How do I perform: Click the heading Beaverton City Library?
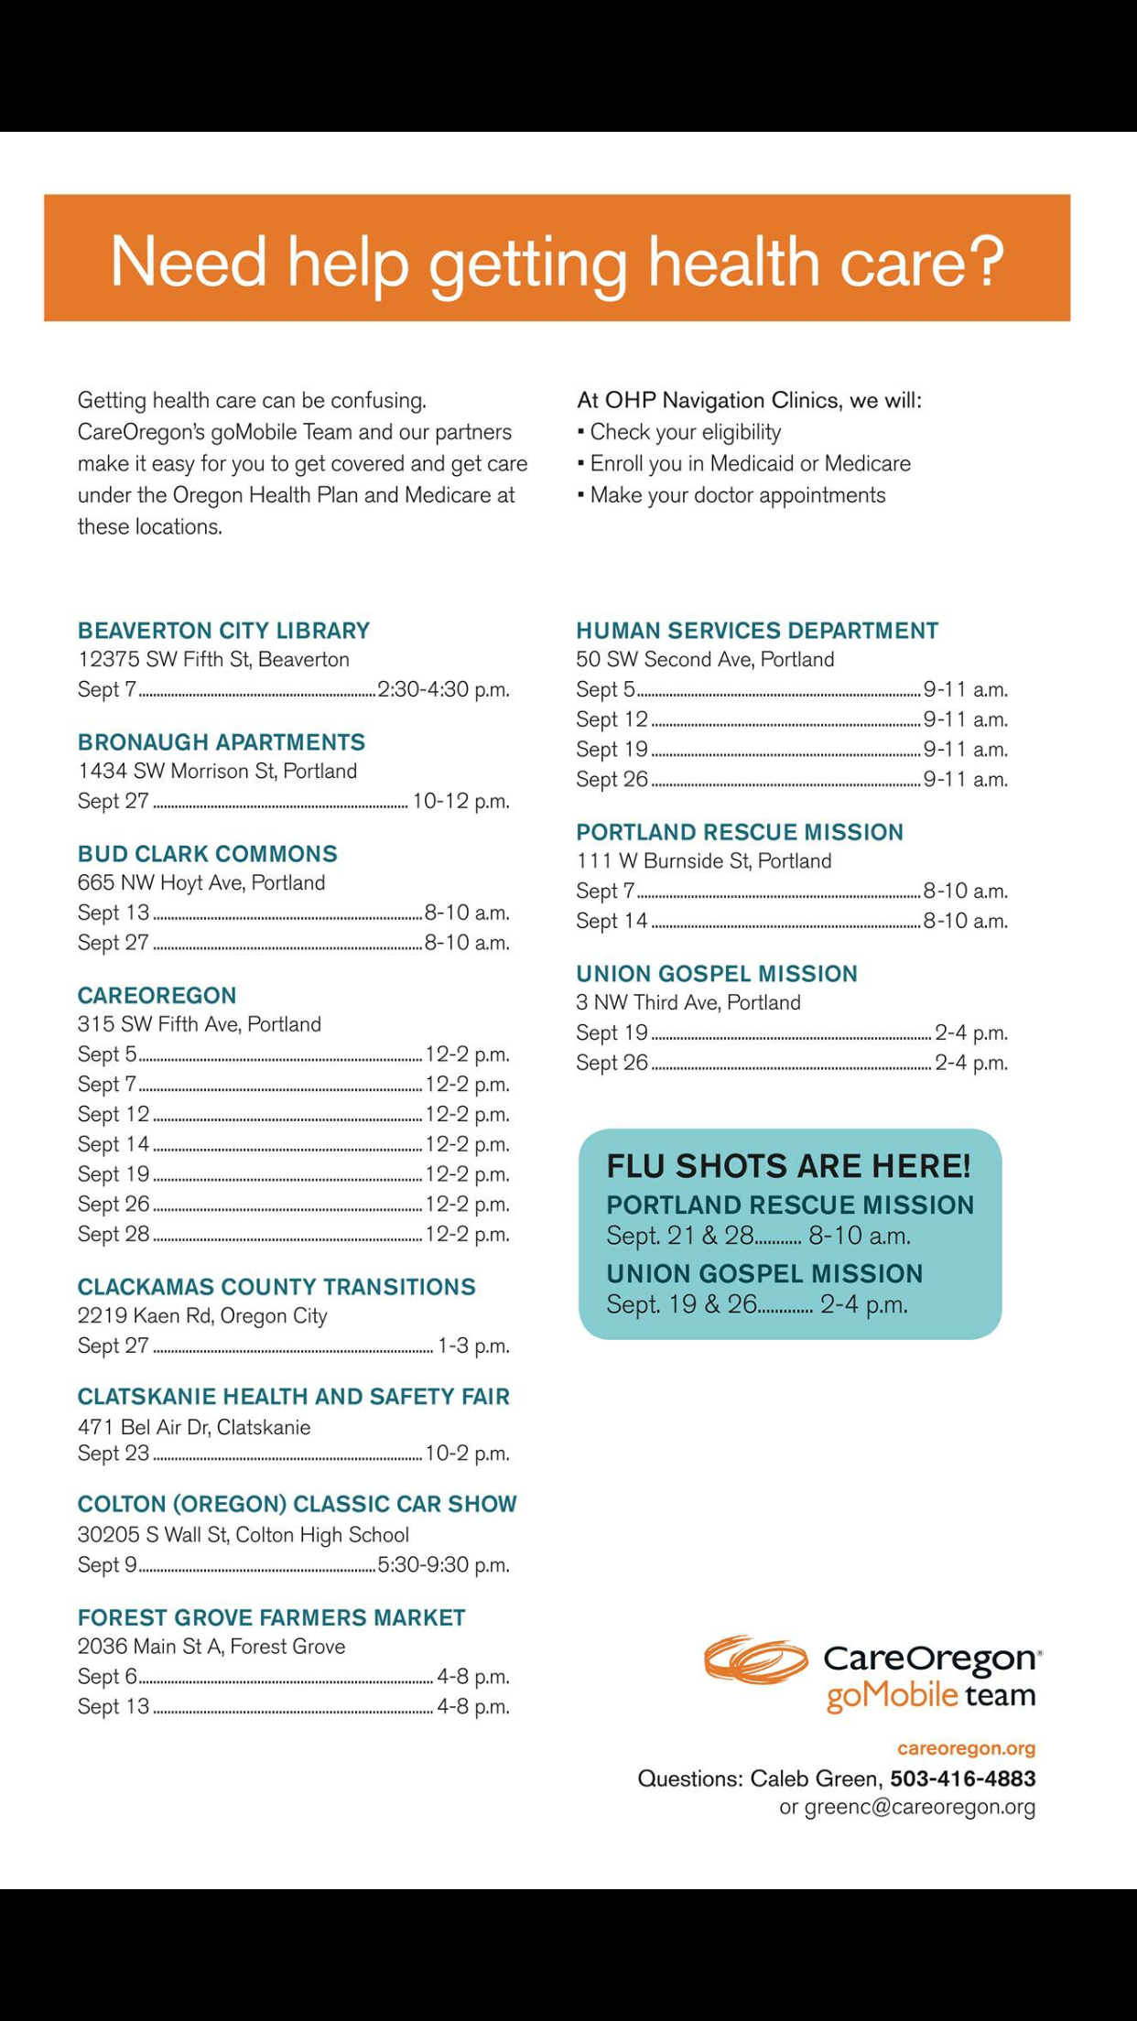pyautogui.click(x=223, y=631)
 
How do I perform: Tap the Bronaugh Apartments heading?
pyautogui.click(x=221, y=742)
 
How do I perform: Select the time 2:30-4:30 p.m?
pyautogui.click(x=443, y=689)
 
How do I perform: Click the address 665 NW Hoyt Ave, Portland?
pyautogui.click(x=201, y=883)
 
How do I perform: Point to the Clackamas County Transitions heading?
pyautogui.click(x=276, y=1287)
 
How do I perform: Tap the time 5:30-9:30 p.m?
pyautogui.click(x=443, y=1565)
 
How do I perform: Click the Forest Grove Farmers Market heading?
pyautogui.click(x=271, y=1618)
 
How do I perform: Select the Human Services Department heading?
pyautogui.click(x=757, y=631)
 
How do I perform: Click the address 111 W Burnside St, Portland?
pyautogui.click(x=703, y=861)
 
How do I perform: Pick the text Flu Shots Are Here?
pyautogui.click(x=788, y=1166)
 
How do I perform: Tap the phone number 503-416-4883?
pyautogui.click(x=963, y=1778)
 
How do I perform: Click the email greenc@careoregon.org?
pyautogui.click(x=919, y=1807)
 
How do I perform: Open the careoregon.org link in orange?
pyautogui.click(x=966, y=1748)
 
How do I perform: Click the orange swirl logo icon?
pyautogui.click(x=755, y=1660)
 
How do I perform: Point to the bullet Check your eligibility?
pyautogui.click(x=685, y=432)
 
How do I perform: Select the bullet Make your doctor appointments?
pyautogui.click(x=737, y=495)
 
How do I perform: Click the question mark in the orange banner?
pyautogui.click(x=985, y=261)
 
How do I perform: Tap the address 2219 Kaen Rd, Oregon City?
pyautogui.click(x=202, y=1316)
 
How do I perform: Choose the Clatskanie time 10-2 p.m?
pyautogui.click(x=467, y=1454)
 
